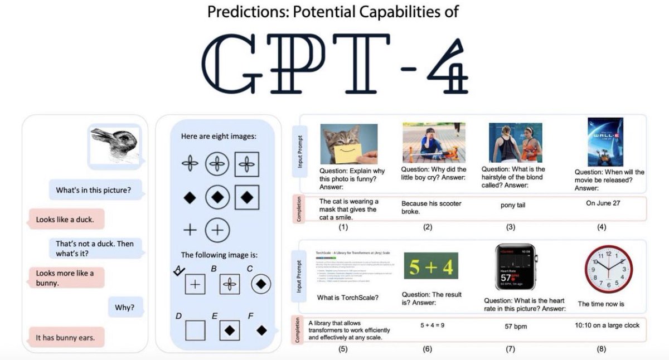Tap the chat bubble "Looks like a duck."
click(x=65, y=220)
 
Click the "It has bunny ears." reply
click(x=65, y=338)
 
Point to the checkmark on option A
click(x=179, y=271)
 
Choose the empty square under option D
click(x=195, y=330)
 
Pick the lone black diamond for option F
click(x=261, y=330)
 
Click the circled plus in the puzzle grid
click(x=217, y=230)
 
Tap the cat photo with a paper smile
click(x=349, y=143)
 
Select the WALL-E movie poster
click(x=605, y=142)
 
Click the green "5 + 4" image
click(x=431, y=266)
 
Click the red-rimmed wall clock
click(x=605, y=270)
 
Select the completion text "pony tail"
click(x=513, y=205)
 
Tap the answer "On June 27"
click(x=603, y=203)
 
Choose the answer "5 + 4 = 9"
click(x=426, y=324)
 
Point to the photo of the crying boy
click(x=433, y=143)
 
